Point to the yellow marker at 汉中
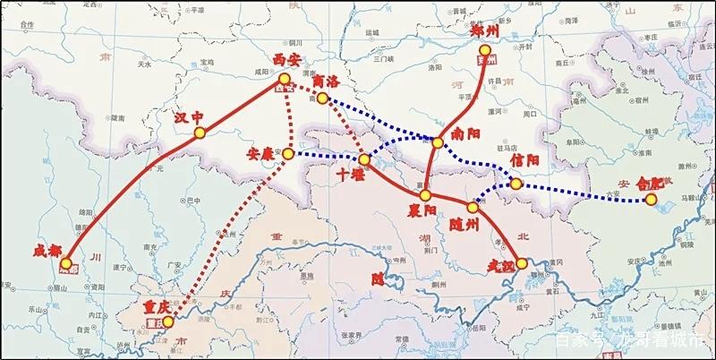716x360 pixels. point(199,133)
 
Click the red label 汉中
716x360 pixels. point(190,116)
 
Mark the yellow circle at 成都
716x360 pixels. point(65,264)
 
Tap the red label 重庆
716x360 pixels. point(147,307)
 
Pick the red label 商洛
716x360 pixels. point(327,81)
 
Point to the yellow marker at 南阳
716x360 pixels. point(437,142)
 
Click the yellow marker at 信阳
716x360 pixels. point(516,184)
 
